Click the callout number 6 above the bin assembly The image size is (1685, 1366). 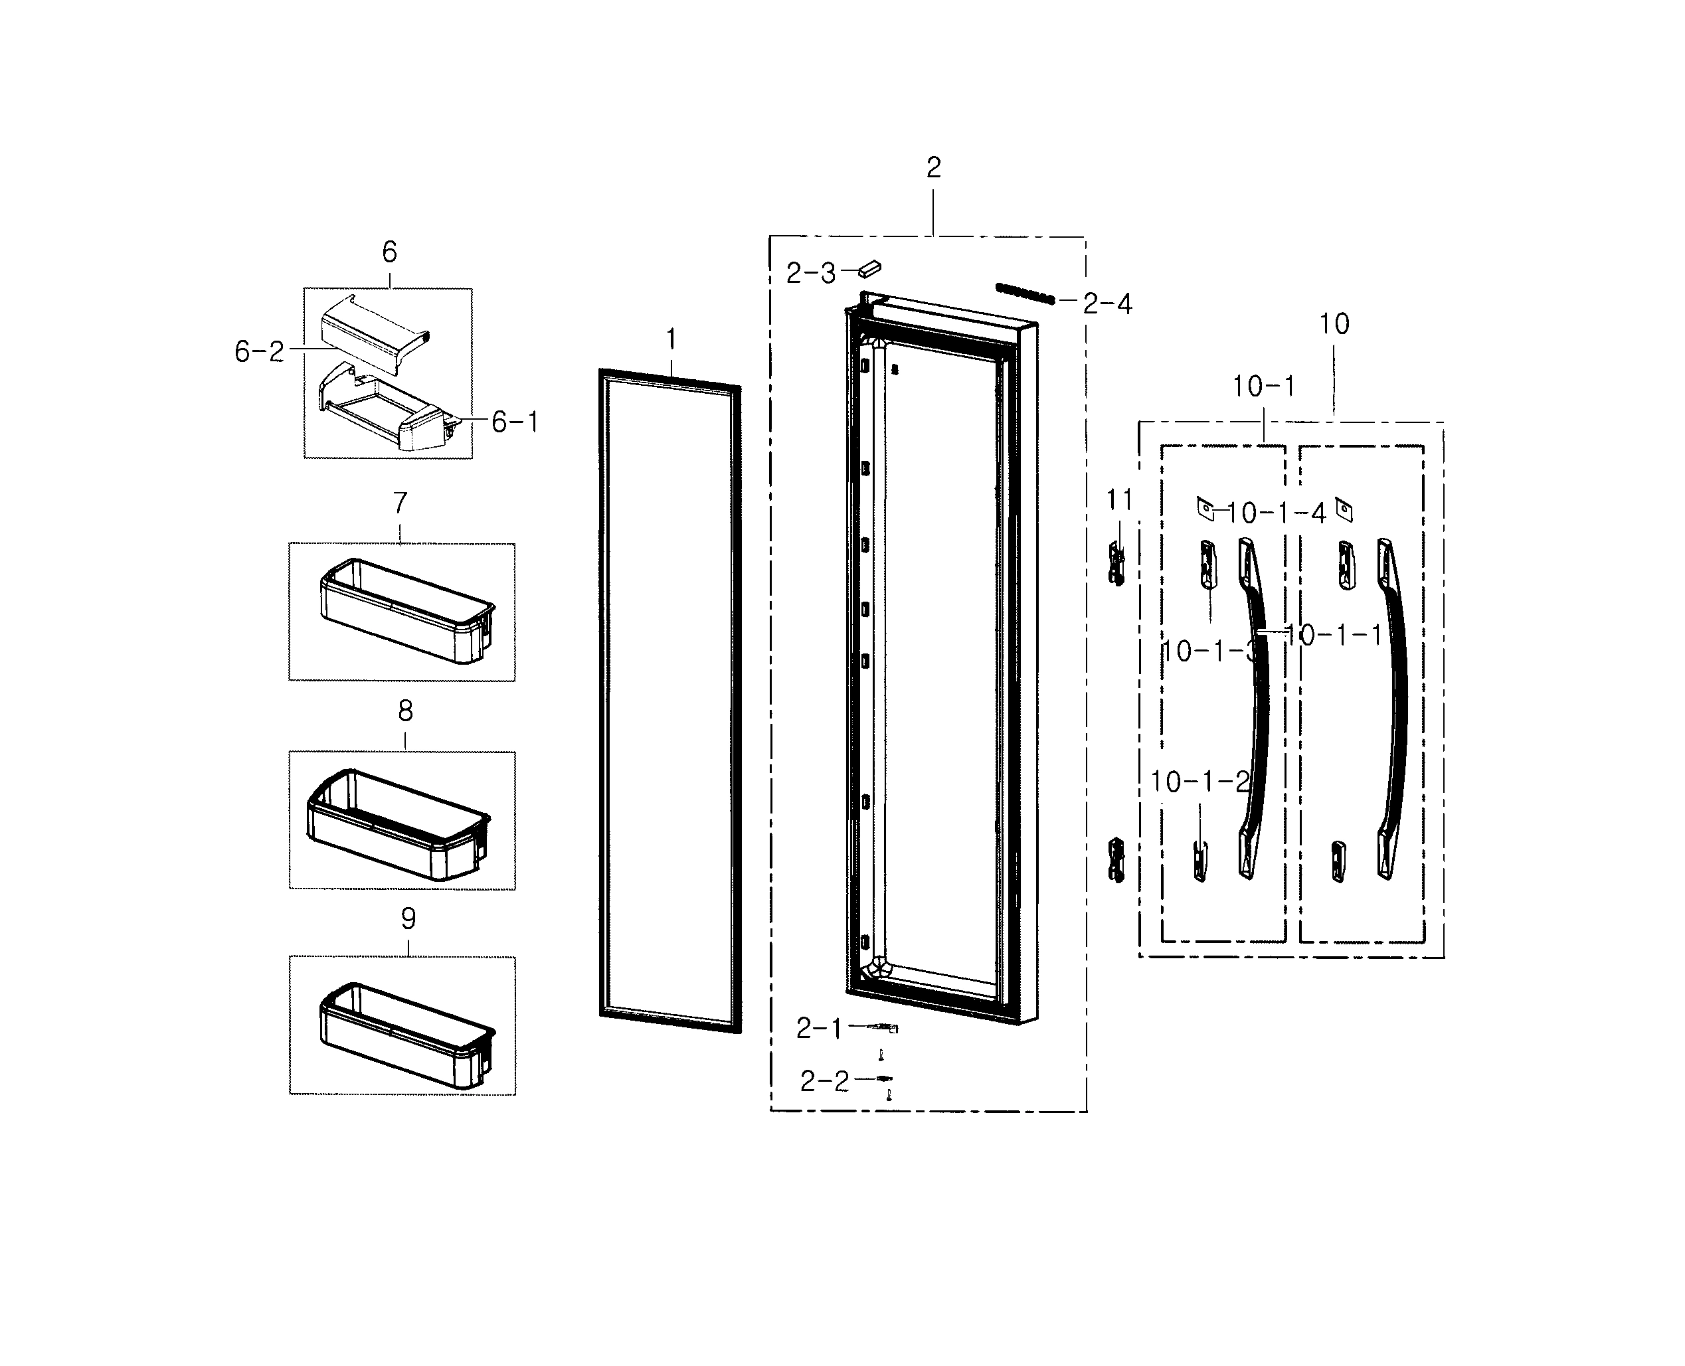click(390, 252)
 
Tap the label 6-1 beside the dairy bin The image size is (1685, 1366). click(515, 422)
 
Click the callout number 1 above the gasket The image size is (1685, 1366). click(671, 340)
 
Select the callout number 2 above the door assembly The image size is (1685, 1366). click(933, 167)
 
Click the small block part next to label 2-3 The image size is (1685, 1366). click(869, 269)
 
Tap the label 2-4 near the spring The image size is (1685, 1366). click(1107, 303)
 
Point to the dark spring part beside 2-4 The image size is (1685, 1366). click(1025, 294)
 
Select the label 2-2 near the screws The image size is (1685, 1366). click(825, 1082)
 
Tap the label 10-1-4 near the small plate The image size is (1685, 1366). click(1276, 514)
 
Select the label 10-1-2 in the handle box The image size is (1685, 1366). click(1199, 782)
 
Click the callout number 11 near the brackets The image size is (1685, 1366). click(1119, 499)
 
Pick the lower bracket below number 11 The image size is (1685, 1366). click(1116, 860)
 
